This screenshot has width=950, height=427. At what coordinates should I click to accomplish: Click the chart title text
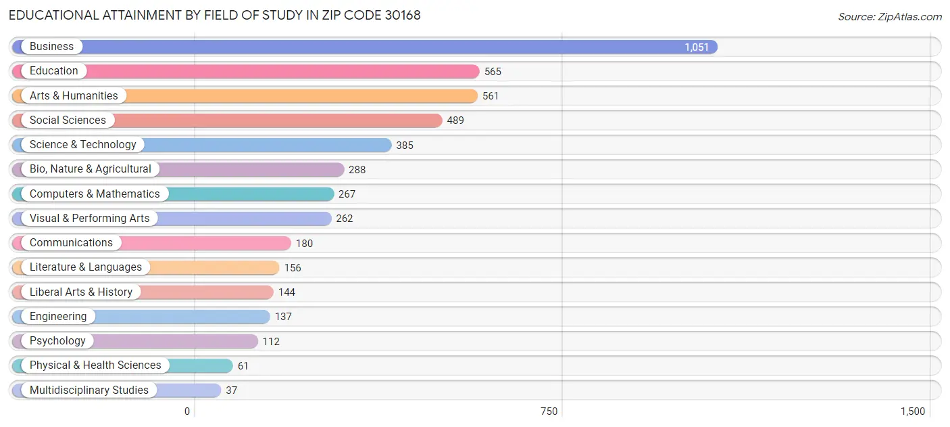(x=215, y=15)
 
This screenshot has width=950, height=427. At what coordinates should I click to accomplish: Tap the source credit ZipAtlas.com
(x=889, y=17)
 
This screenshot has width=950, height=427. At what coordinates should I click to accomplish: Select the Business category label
(x=51, y=47)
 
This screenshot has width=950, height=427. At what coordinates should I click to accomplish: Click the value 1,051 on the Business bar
(x=697, y=47)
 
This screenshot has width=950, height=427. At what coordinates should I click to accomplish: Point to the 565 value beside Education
(x=493, y=72)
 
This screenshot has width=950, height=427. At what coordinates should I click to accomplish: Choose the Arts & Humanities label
(x=74, y=96)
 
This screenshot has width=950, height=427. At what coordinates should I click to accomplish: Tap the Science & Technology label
(x=82, y=145)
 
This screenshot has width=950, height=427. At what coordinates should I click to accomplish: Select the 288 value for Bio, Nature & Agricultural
(x=357, y=170)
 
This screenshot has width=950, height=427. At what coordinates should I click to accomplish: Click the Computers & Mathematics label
(x=95, y=194)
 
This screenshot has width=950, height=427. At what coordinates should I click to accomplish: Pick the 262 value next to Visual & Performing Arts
(x=345, y=219)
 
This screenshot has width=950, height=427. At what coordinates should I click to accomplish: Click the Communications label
(x=71, y=243)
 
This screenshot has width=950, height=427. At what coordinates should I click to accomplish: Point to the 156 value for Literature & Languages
(x=293, y=268)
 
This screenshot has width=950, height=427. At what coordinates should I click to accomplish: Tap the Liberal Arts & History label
(x=81, y=292)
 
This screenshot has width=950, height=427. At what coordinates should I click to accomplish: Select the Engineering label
(x=58, y=317)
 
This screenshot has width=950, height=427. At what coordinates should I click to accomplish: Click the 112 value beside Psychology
(x=271, y=342)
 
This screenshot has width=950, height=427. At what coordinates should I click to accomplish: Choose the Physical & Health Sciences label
(x=95, y=365)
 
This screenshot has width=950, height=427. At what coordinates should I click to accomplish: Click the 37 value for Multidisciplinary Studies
(x=232, y=390)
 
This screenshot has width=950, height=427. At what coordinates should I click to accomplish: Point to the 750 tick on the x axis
(x=549, y=411)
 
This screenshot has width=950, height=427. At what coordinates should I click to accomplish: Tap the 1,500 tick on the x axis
(x=913, y=411)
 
